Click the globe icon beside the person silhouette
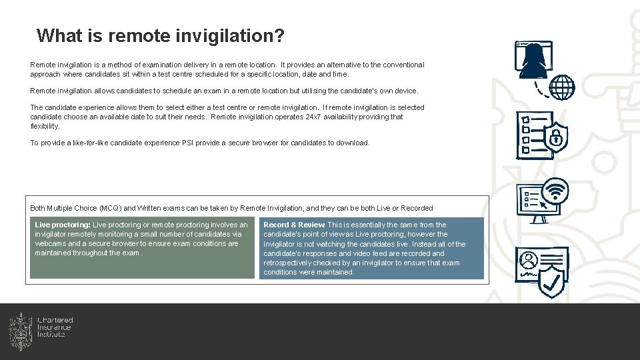coord(561,87)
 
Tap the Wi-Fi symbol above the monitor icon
coord(555,191)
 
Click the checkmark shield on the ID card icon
coord(551,281)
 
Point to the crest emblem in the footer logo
coord(21,331)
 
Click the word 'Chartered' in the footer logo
coord(55,321)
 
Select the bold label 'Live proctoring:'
coord(63,225)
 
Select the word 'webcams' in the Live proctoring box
coord(49,244)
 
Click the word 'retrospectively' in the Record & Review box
coord(287,263)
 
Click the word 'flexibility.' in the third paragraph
coord(45,126)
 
